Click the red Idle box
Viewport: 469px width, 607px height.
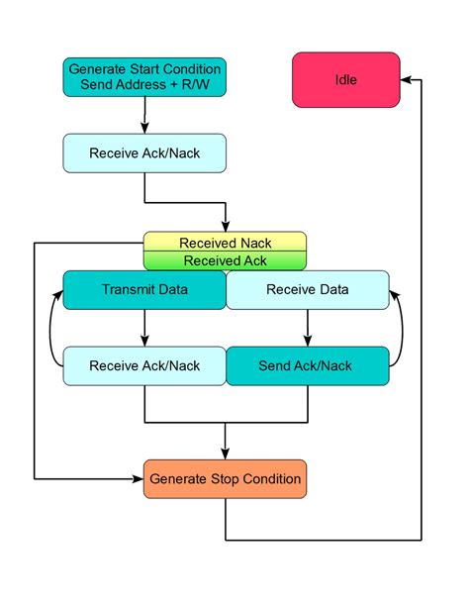point(345,80)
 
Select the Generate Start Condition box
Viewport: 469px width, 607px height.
point(144,77)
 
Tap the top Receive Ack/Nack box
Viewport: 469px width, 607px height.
point(144,153)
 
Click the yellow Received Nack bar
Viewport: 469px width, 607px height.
point(226,243)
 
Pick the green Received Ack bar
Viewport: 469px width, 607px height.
point(226,261)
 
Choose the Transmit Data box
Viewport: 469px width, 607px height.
point(144,290)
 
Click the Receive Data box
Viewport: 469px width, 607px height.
point(308,290)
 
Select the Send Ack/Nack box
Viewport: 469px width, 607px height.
point(308,365)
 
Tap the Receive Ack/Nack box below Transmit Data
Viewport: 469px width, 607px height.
point(144,365)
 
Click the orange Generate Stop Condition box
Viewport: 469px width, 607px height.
point(226,479)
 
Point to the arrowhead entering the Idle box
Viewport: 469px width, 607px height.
point(407,80)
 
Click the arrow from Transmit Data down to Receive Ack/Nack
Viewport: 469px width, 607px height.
point(144,328)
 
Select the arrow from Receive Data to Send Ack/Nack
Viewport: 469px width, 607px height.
point(308,328)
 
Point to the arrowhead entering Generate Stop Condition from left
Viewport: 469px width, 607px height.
point(138,479)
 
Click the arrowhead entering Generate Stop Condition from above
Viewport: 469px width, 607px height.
point(226,455)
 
